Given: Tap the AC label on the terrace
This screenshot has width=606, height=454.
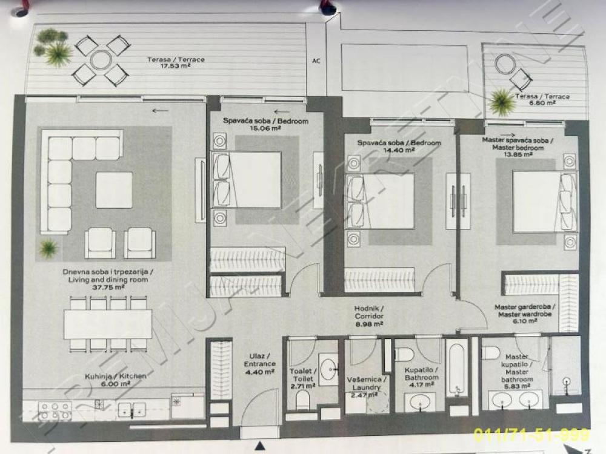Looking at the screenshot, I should [316, 61].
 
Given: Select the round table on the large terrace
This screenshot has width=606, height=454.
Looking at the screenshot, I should [101, 59].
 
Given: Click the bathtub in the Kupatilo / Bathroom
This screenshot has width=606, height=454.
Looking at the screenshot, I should [456, 367].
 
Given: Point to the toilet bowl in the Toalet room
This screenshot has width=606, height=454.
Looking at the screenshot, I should [302, 399].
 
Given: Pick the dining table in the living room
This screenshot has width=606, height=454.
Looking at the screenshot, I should [107, 324].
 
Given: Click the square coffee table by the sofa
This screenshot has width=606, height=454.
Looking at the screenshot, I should [114, 189].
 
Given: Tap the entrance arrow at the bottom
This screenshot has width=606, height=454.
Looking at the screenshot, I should [260, 447].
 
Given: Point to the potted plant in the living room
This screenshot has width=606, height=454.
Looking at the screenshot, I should [47, 247].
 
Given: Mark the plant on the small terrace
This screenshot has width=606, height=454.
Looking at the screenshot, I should [502, 102].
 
